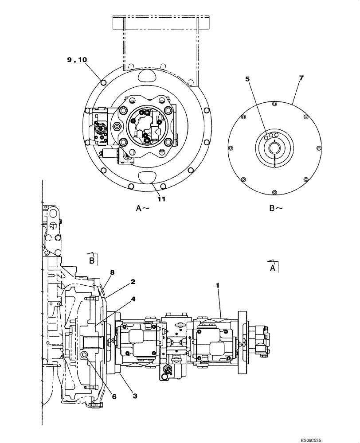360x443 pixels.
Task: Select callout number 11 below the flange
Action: click(x=161, y=199)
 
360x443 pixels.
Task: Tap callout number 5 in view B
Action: click(x=248, y=79)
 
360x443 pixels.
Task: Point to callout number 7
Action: click(x=301, y=78)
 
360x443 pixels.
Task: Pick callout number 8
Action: click(x=113, y=272)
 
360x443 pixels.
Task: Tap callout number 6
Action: click(x=114, y=396)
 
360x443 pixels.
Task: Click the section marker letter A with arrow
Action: click(x=273, y=267)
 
